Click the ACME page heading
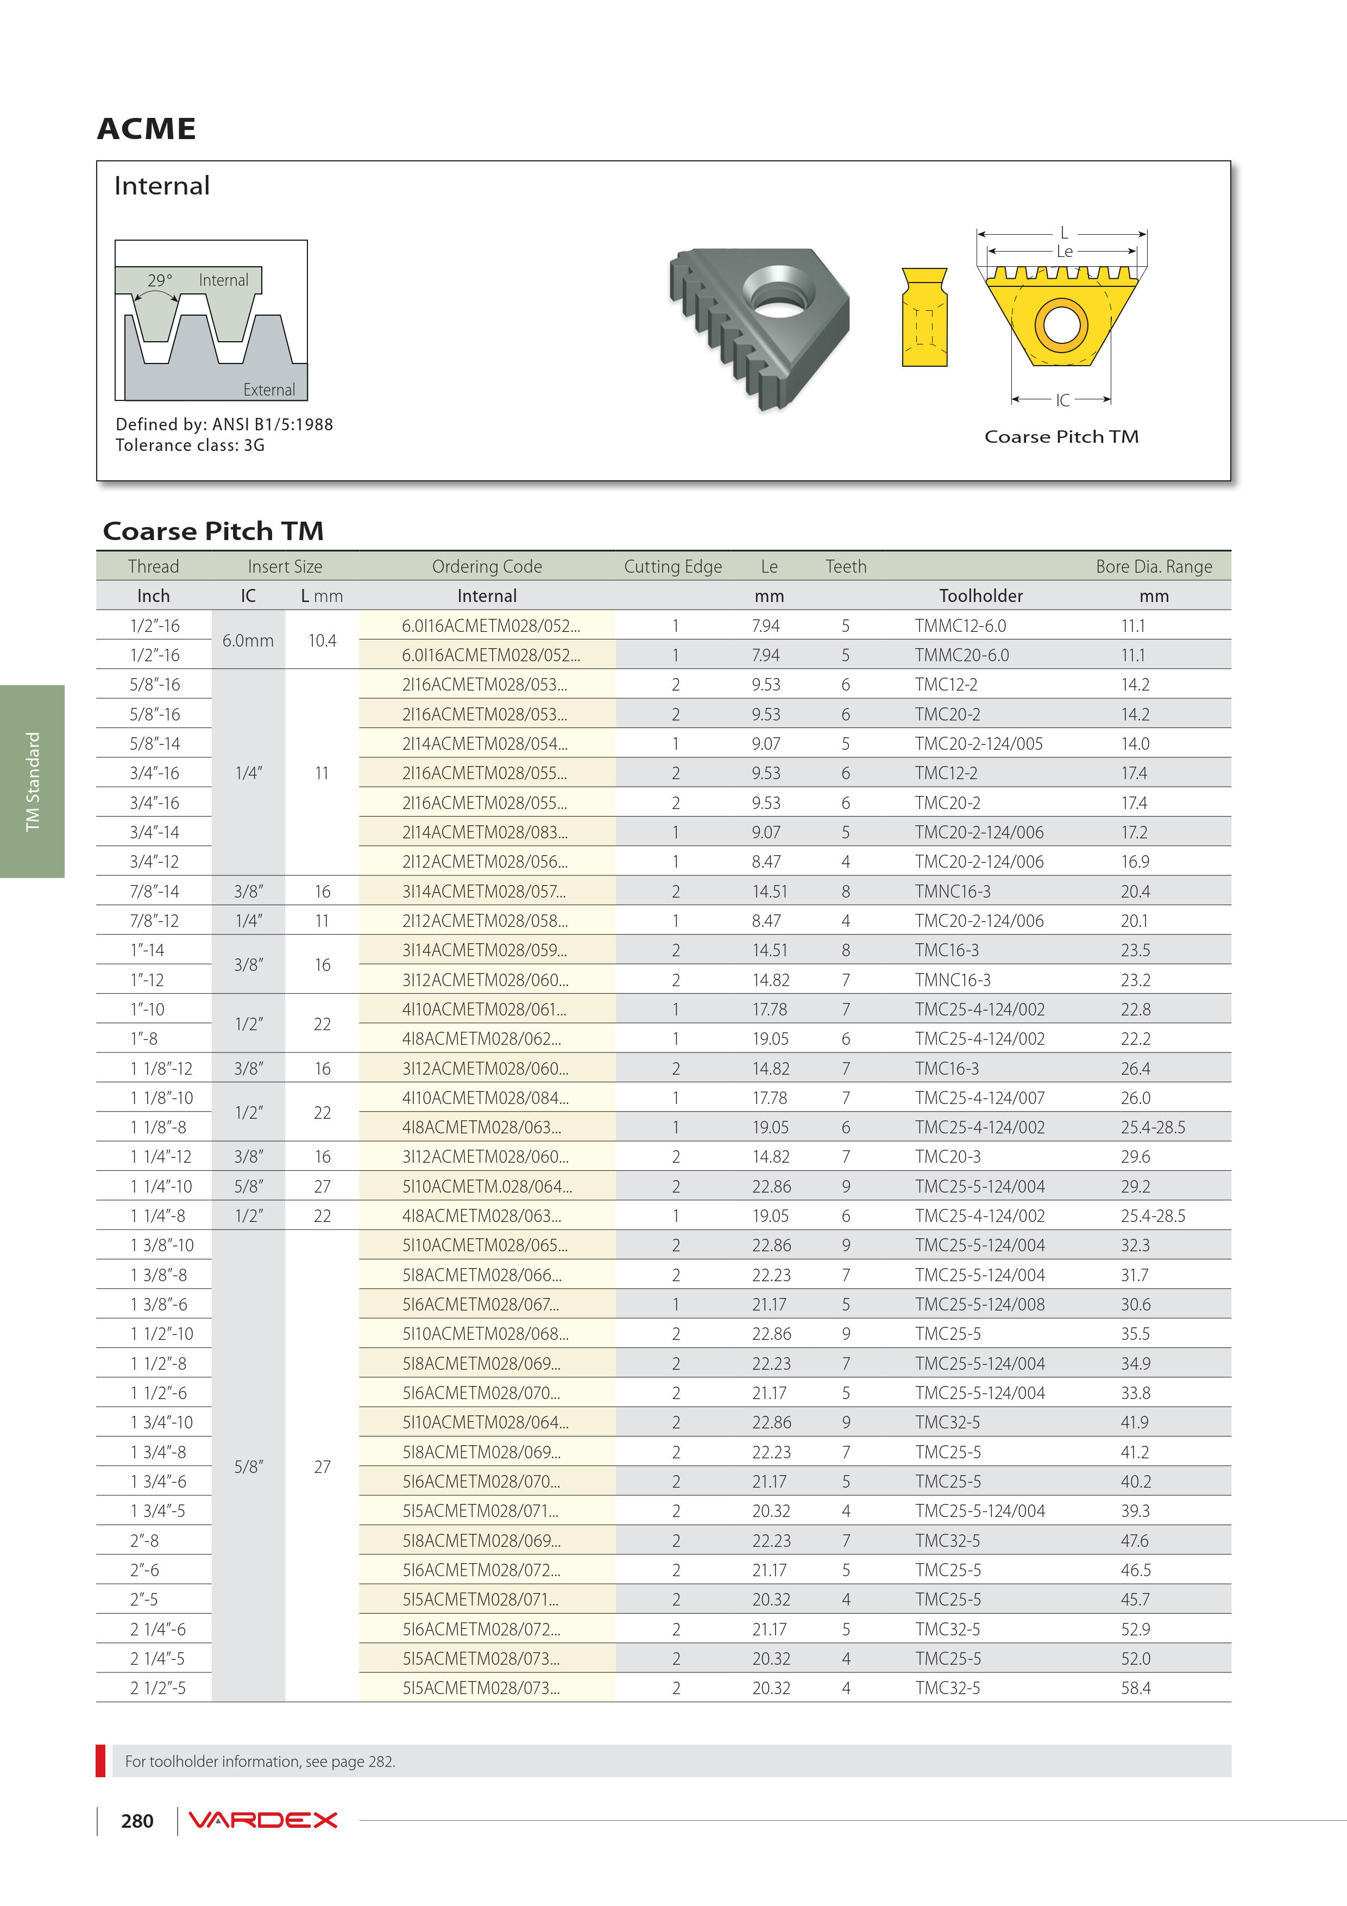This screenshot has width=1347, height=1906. (146, 129)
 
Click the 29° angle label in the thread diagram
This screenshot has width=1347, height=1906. (159, 280)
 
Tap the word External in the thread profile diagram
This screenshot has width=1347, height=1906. (268, 390)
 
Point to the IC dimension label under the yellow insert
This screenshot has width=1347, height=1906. (1062, 400)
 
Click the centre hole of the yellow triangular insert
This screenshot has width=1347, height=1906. (1061, 324)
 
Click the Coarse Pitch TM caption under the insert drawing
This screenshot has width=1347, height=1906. (1061, 437)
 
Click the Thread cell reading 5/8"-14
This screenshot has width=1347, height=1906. (154, 744)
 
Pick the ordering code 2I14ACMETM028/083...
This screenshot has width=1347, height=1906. (484, 832)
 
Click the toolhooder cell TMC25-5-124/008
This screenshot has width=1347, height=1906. (979, 1304)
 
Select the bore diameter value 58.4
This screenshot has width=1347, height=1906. (1135, 1688)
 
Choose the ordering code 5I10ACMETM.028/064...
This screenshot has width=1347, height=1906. (487, 1186)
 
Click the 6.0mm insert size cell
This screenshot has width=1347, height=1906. (247, 640)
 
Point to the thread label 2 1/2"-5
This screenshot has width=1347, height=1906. (158, 1688)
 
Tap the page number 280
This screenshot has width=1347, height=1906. (137, 1821)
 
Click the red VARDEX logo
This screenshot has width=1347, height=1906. (263, 1820)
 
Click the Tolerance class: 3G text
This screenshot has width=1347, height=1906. (190, 445)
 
